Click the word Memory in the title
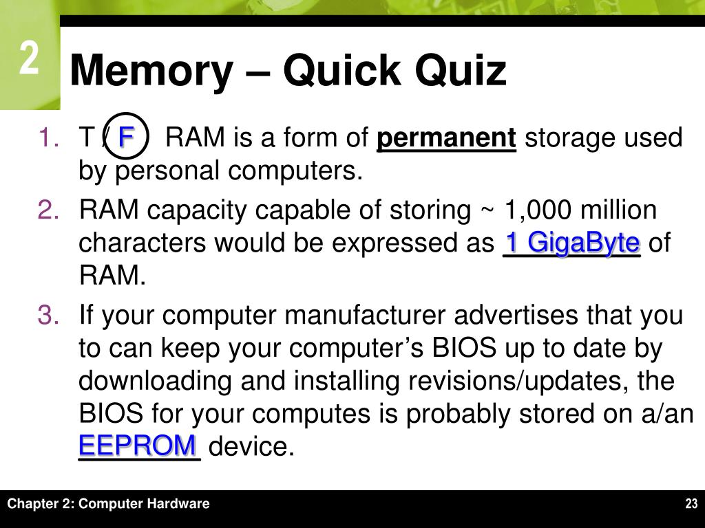click(151, 71)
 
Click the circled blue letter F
click(126, 137)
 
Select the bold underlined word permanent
click(447, 138)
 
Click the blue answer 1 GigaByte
click(573, 243)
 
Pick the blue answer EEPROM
click(138, 445)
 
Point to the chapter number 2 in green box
click(28, 59)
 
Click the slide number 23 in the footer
click(691, 504)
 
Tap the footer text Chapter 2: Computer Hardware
click(108, 504)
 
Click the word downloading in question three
click(154, 381)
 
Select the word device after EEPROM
click(251, 448)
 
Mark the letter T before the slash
click(87, 138)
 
